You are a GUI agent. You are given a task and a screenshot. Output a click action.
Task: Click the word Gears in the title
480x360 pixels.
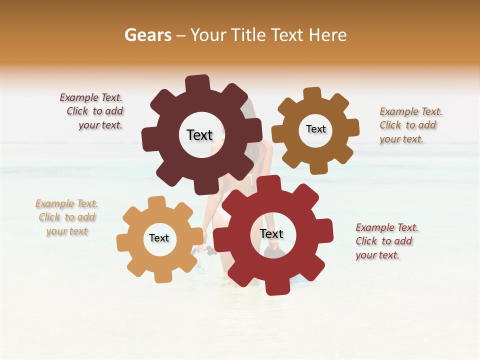[147, 35]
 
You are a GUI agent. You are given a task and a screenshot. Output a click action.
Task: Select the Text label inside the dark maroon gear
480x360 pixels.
[199, 135]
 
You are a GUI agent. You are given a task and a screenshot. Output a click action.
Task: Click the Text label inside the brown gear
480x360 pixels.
[315, 129]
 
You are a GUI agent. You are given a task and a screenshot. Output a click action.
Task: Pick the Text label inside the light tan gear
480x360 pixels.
[159, 238]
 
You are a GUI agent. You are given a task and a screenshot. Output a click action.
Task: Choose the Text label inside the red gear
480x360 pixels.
[271, 233]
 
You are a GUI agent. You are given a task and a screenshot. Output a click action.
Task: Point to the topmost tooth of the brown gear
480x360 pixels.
[312, 94]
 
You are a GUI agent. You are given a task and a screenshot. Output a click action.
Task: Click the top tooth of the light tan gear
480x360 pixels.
[157, 202]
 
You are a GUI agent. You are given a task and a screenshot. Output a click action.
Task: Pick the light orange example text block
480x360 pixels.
[67, 217]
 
